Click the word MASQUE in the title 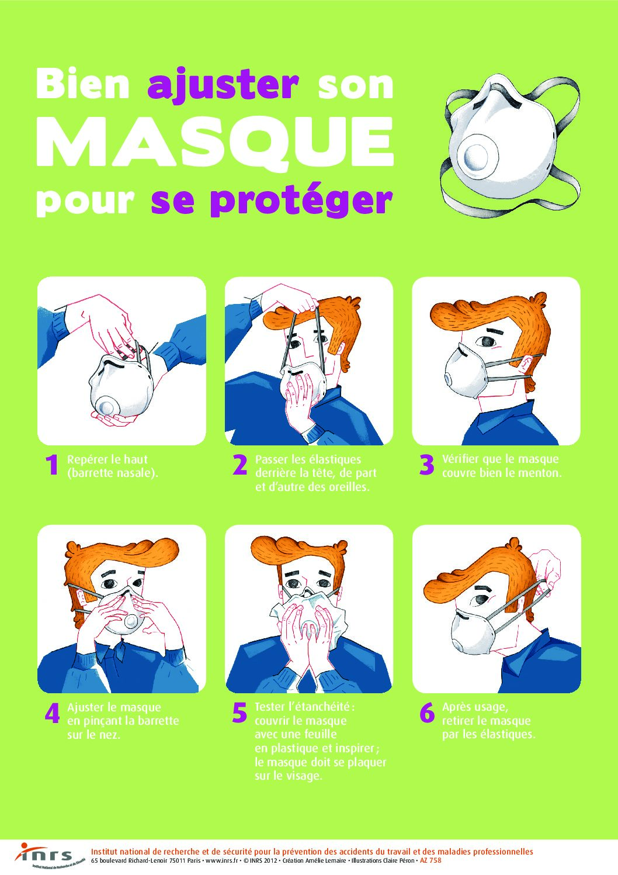pyautogui.click(x=215, y=143)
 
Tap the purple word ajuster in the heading pyautogui.click(x=223, y=85)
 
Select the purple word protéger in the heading pyautogui.click(x=300, y=202)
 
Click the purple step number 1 pyautogui.click(x=51, y=465)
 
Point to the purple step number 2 pyautogui.click(x=239, y=465)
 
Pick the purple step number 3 pyautogui.click(x=427, y=465)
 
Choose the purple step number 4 pyautogui.click(x=53, y=713)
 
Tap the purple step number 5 pyautogui.click(x=239, y=713)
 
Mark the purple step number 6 pyautogui.click(x=427, y=713)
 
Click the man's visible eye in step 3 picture pyautogui.click(x=488, y=341)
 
